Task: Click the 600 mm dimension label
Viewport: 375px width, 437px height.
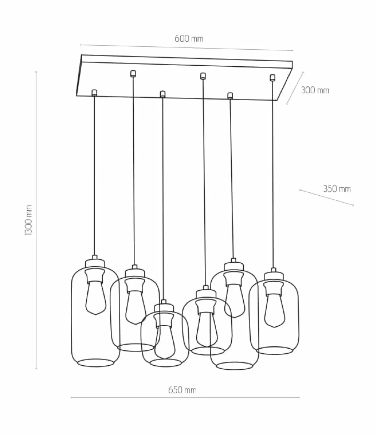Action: (x=189, y=39)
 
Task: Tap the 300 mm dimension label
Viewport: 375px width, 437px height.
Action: (x=315, y=90)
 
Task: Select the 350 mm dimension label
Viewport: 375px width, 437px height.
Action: (x=337, y=189)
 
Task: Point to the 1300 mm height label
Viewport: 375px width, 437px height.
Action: (x=29, y=220)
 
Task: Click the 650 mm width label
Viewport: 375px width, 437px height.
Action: (x=182, y=390)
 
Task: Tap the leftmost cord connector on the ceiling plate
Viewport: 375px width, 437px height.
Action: (x=94, y=92)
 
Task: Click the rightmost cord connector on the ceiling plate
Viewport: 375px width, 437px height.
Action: (x=272, y=77)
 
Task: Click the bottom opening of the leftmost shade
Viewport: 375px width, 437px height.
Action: (x=95, y=363)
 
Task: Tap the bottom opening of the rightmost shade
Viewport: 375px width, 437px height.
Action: (x=274, y=350)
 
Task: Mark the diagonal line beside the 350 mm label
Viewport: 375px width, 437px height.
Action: (x=327, y=197)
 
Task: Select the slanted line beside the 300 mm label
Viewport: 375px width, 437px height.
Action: (x=295, y=88)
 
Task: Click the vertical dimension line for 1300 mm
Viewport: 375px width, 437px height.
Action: (x=36, y=220)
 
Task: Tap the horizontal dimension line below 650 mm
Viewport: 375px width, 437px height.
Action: (x=185, y=398)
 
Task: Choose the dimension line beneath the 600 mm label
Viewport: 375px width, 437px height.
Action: (x=187, y=48)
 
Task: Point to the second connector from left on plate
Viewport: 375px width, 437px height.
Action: (x=133, y=73)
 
